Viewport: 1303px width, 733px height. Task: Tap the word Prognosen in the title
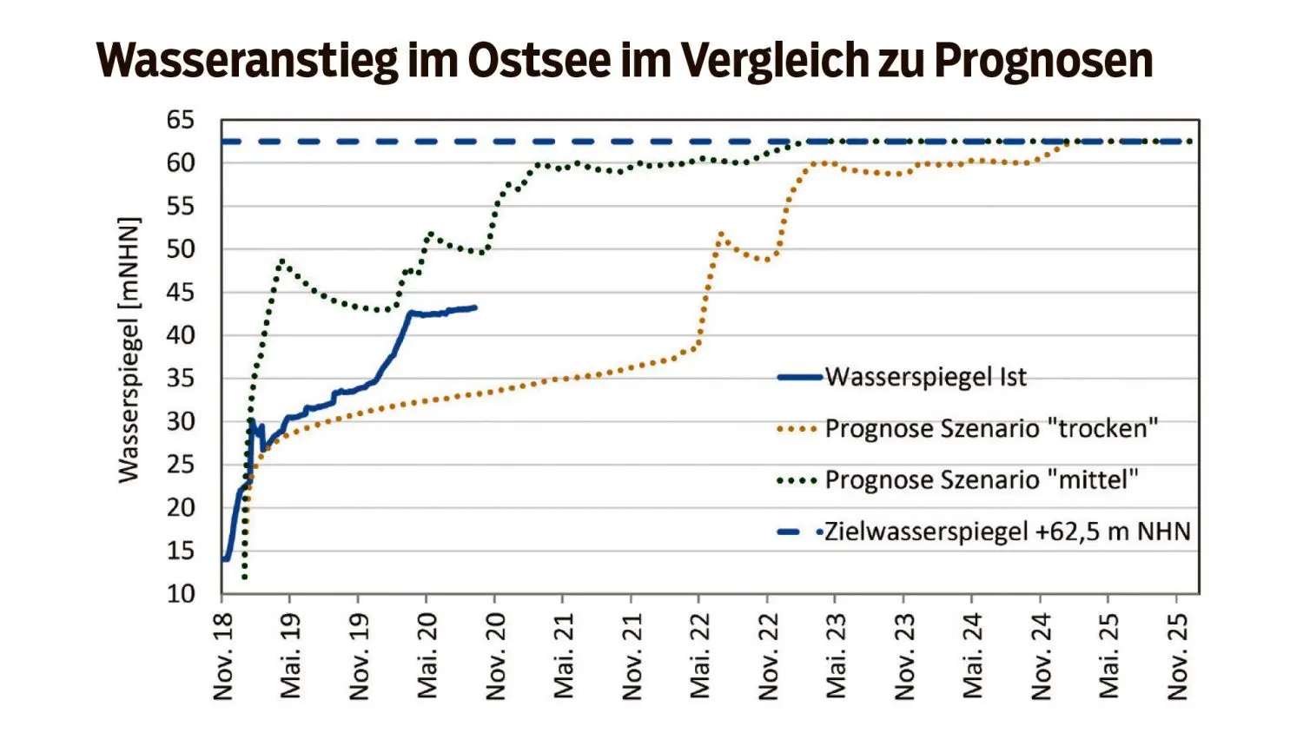(1043, 60)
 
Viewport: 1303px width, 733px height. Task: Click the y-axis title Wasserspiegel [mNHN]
(129, 350)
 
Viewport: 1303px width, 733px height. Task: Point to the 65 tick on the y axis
(181, 120)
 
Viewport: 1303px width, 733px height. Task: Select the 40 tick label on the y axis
(181, 335)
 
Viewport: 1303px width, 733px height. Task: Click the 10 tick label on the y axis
(181, 594)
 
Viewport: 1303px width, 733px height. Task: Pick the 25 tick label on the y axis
(181, 465)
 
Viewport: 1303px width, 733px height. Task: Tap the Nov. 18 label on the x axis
(223, 656)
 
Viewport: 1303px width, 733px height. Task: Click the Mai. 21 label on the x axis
(564, 656)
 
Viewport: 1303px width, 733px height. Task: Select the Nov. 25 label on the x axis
(1177, 656)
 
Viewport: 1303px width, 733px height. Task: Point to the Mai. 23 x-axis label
(837, 656)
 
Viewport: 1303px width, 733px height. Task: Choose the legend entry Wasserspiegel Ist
(925, 377)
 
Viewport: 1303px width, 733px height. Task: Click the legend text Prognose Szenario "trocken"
(991, 428)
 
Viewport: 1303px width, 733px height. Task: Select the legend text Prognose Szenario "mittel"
(981, 479)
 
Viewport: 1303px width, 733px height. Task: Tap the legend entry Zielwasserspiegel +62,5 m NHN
(1007, 532)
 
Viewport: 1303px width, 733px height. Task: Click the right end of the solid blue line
(475, 307)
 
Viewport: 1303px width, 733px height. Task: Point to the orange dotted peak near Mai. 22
(721, 234)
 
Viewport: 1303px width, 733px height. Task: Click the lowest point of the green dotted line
(245, 577)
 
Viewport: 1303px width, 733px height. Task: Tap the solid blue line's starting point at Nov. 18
(224, 559)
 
